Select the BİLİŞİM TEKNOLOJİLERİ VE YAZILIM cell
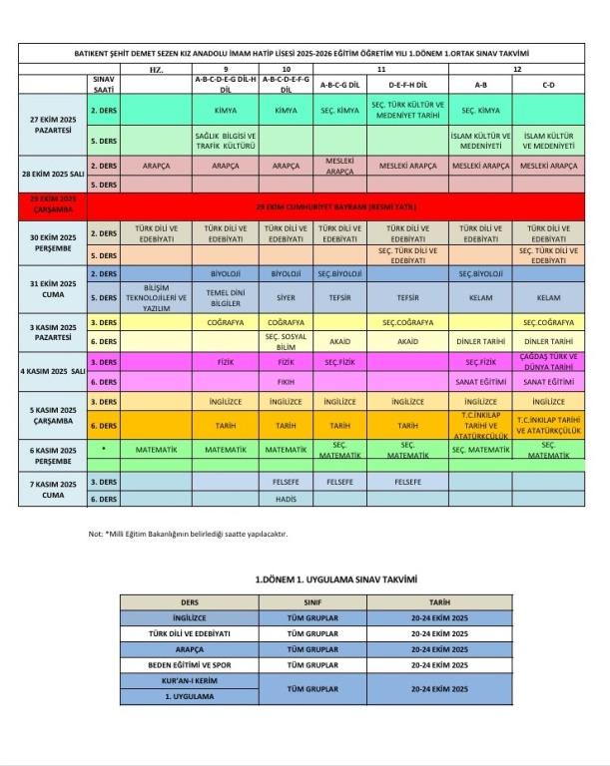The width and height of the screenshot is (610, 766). [155, 297]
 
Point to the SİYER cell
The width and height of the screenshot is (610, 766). [286, 297]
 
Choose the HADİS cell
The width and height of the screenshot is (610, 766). [286, 499]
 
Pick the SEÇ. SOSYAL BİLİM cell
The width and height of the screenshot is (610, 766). [286, 340]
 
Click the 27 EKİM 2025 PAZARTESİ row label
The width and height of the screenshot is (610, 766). [52, 125]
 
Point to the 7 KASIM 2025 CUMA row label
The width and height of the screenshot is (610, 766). [52, 489]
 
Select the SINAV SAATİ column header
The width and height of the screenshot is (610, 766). [104, 82]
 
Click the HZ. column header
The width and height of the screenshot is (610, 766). [155, 70]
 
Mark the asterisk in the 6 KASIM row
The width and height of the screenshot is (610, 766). [104, 450]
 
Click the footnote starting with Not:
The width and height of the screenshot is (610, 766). [188, 534]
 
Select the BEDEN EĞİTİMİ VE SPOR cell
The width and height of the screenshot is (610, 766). [189, 663]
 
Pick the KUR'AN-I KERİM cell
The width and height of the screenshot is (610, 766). [189, 680]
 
